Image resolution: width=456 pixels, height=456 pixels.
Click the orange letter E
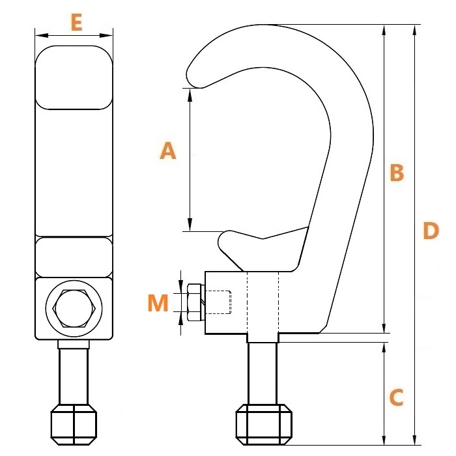(x=76, y=23)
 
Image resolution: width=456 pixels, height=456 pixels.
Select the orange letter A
(x=168, y=150)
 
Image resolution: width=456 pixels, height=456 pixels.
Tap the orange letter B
(x=397, y=173)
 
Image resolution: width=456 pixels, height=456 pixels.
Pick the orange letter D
(x=431, y=231)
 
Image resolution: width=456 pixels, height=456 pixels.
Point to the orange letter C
(x=396, y=397)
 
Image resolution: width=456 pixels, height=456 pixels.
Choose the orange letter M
(x=158, y=303)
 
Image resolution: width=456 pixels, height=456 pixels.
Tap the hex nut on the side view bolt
(x=195, y=302)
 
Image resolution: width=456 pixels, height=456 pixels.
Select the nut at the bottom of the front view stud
(x=74, y=424)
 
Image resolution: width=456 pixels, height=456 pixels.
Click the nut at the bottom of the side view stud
(x=263, y=424)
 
